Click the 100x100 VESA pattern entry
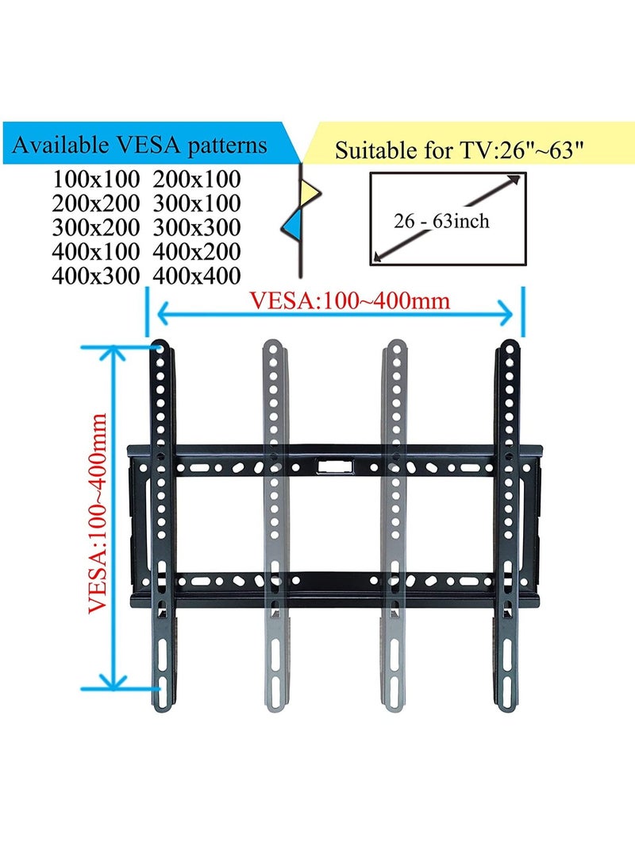[x=96, y=179]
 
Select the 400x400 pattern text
[x=197, y=276]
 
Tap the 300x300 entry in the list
[x=197, y=227]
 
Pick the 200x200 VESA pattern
[x=96, y=203]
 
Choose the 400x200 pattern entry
[x=197, y=252]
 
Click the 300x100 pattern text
[x=197, y=203]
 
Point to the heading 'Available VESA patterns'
[x=140, y=145]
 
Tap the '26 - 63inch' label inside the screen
[x=441, y=220]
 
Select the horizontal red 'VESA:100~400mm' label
[x=350, y=301]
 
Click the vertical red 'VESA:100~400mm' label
[x=98, y=512]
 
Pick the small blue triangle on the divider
[x=291, y=223]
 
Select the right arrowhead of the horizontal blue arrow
[x=507, y=315]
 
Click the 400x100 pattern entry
[x=96, y=252]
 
